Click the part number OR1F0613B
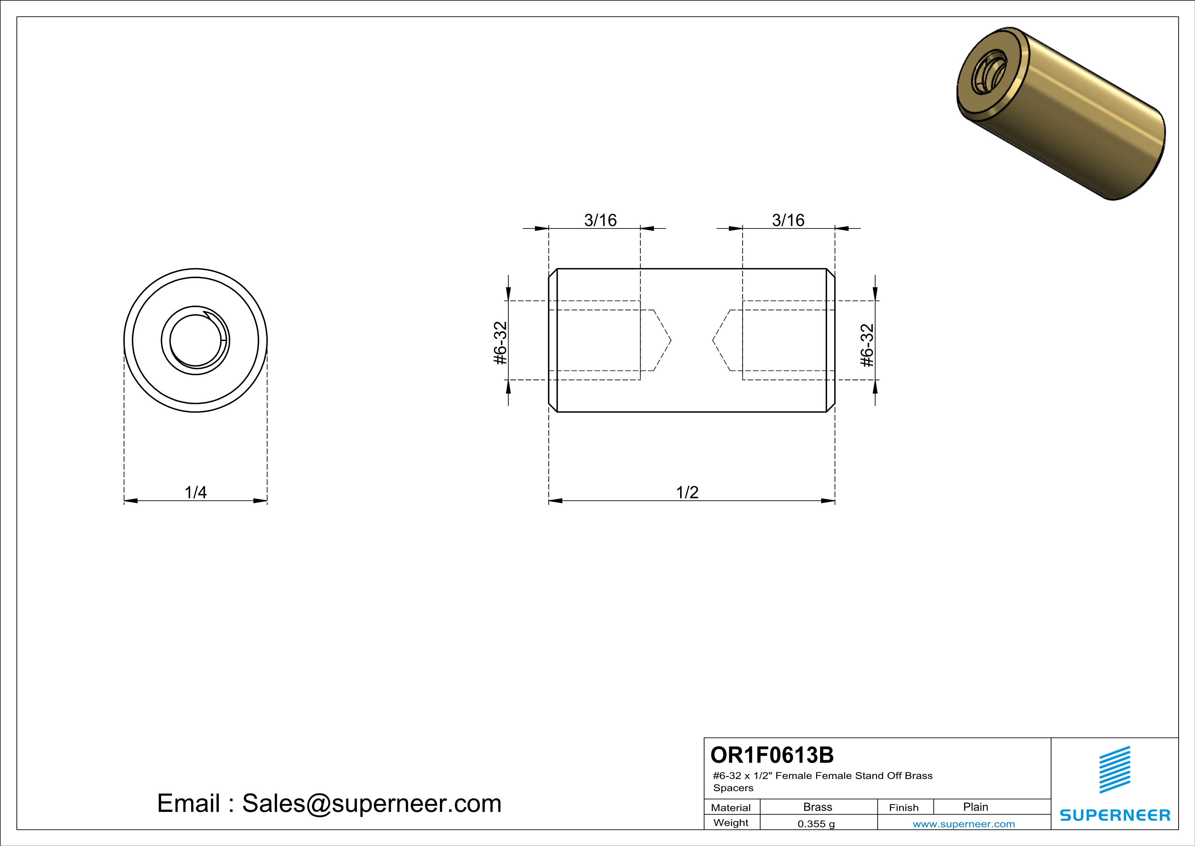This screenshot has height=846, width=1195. [771, 755]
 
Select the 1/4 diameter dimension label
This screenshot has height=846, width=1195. [196, 492]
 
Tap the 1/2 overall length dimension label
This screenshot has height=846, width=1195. [687, 492]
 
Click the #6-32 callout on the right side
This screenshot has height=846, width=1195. [867, 345]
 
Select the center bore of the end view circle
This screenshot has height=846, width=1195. [196, 341]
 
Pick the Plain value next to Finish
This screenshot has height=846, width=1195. [975, 807]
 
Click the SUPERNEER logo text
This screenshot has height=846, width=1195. [1115, 815]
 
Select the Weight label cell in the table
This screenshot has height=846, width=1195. [731, 822]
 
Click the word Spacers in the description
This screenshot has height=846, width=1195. [733, 788]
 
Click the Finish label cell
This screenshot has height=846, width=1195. [904, 807]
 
